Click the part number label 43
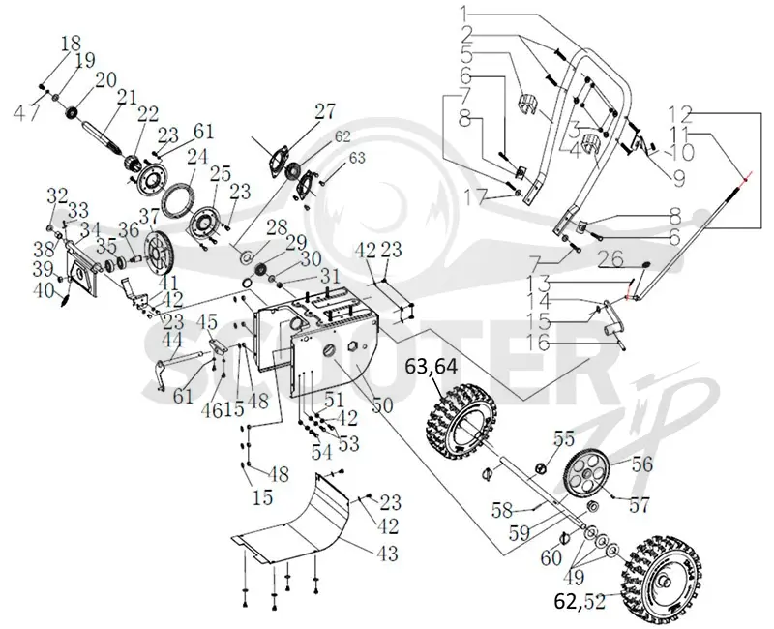click(388, 553)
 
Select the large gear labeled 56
click(587, 471)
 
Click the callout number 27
click(325, 112)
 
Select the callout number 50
click(382, 405)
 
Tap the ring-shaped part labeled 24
click(178, 199)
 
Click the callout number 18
click(71, 44)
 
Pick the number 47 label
click(25, 112)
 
